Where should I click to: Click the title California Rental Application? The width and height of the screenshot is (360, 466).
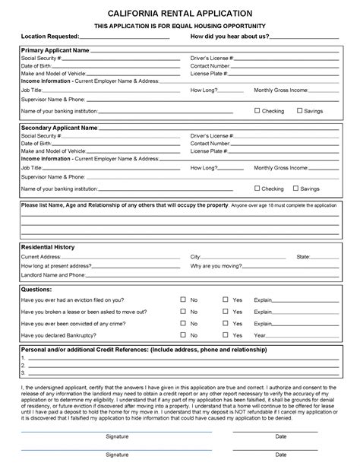point(180,14)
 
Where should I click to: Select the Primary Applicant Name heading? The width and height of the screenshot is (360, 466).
point(55,49)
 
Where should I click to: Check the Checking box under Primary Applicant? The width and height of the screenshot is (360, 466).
point(257,111)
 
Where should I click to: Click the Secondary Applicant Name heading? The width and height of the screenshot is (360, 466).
point(59,128)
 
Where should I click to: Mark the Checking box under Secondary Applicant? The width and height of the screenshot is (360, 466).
point(257,189)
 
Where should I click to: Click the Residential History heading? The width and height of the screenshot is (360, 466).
point(48,247)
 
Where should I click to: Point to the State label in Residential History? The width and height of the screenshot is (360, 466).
point(303,257)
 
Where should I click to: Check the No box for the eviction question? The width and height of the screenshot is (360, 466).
point(183,300)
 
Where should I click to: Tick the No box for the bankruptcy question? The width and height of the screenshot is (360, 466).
point(183,334)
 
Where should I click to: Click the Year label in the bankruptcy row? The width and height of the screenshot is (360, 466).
point(260,335)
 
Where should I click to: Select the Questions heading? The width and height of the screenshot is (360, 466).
point(36,290)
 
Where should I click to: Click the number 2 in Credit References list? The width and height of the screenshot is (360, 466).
point(24,365)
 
